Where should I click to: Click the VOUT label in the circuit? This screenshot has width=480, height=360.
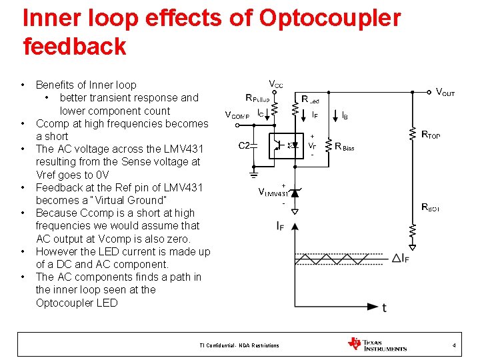(445, 92)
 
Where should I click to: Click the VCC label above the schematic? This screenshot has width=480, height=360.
(275, 84)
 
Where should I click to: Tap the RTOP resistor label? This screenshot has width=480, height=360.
(431, 135)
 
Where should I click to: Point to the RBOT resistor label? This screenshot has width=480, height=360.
(431, 207)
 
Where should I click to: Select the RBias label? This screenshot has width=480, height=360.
(345, 146)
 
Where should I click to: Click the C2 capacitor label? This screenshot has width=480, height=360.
(245, 145)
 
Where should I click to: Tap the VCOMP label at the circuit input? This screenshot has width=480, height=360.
(237, 115)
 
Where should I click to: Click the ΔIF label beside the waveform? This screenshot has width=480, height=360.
(401, 258)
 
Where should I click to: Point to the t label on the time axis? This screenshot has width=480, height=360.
(385, 307)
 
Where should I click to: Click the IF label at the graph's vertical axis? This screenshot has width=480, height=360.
(281, 226)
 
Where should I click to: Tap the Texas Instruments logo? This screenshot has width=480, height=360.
(377, 344)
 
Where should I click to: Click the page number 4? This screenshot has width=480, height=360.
(454, 345)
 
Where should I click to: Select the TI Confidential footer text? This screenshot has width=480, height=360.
(239, 345)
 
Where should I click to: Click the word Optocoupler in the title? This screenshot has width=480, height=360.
(329, 18)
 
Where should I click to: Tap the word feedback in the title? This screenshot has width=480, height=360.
(74, 47)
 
